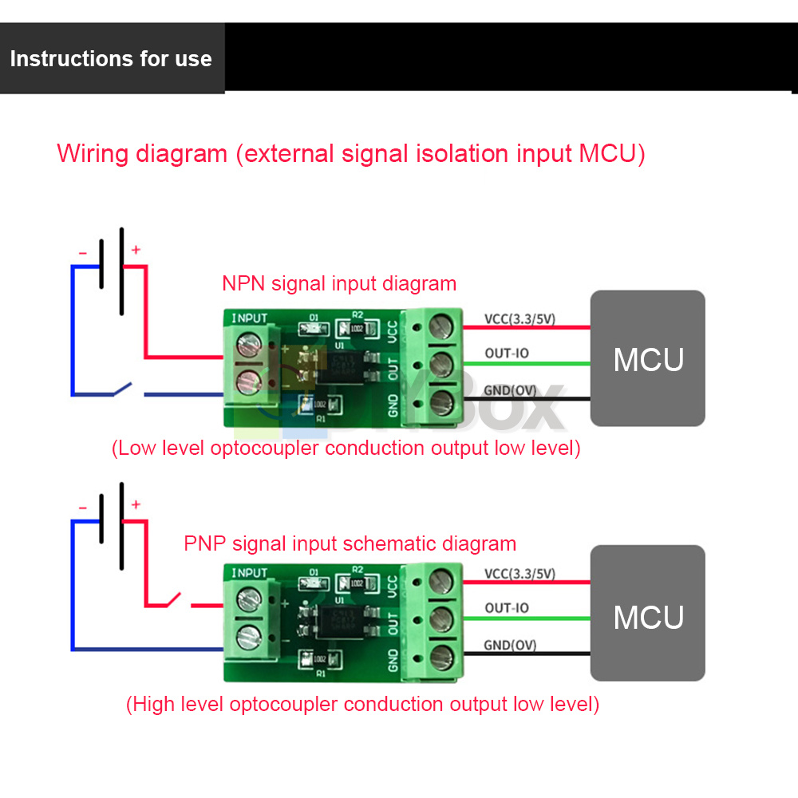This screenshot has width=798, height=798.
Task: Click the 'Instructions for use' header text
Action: [111, 59]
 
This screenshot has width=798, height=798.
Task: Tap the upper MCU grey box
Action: [648, 358]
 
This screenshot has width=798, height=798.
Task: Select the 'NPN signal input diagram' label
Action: [339, 283]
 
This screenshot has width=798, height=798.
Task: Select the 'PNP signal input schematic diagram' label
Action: [350, 544]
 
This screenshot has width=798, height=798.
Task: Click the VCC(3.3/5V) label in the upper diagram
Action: [519, 320]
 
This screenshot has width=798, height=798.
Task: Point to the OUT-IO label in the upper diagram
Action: [507, 354]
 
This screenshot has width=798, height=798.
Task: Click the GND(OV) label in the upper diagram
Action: [510, 389]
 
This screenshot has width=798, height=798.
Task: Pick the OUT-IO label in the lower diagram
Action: [507, 608]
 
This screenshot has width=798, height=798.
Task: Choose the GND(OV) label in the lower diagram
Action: [510, 645]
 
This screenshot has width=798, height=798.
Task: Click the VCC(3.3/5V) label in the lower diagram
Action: [519, 574]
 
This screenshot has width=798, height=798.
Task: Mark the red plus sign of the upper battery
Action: [136, 250]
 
